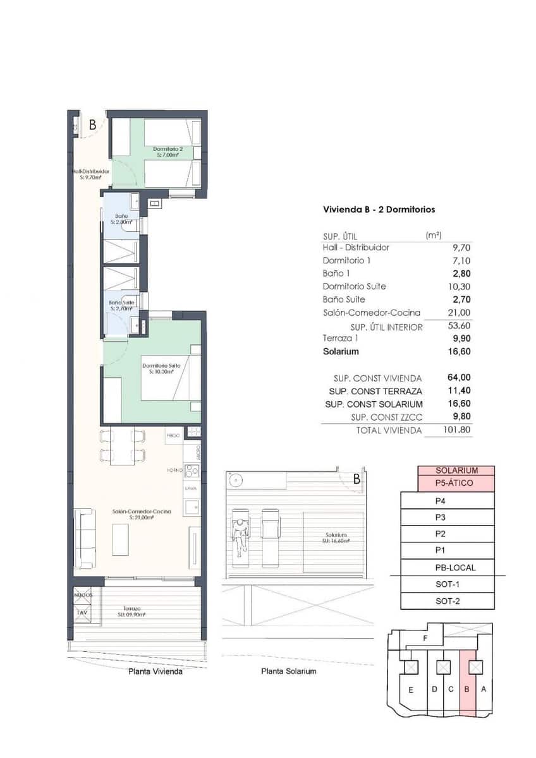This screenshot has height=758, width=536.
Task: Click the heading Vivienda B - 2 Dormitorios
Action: [379, 210]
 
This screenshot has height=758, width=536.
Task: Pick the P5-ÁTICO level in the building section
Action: [456, 483]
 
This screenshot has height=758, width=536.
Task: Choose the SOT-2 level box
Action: [448, 601]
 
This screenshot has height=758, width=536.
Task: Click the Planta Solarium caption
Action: [288, 671]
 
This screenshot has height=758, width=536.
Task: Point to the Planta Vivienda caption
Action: [155, 672]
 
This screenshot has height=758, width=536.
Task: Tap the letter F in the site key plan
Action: [425, 639]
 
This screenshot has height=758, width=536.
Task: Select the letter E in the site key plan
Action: [410, 690]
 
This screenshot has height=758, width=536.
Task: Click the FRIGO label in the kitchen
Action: [173, 435]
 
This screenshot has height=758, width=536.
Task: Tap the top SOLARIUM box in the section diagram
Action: [456, 471]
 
